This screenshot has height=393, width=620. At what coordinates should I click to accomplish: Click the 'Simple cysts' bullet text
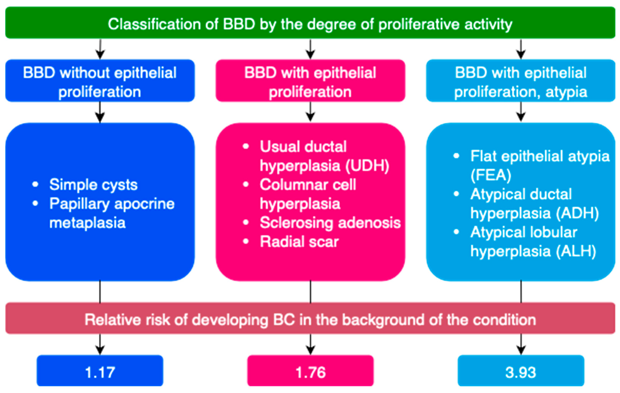(x=93, y=185)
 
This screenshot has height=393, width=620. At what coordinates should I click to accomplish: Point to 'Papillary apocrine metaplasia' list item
(x=112, y=213)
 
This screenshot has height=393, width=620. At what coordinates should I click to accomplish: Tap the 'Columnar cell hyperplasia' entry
(x=307, y=194)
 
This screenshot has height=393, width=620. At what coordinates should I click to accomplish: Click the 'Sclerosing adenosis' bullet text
(x=330, y=223)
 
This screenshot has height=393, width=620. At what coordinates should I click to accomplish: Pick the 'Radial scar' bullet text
(x=299, y=242)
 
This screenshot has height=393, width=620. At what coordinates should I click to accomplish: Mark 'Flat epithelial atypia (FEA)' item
(x=540, y=166)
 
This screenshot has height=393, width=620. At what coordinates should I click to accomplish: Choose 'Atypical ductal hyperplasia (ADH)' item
(x=534, y=204)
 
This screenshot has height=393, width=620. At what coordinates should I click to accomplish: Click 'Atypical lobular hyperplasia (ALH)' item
(x=533, y=242)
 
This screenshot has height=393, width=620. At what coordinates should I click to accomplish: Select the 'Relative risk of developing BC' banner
(x=310, y=320)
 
